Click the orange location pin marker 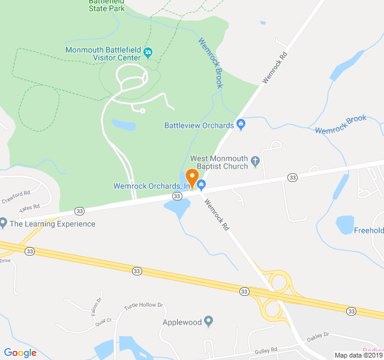point(192,178)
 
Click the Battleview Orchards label point(199,125)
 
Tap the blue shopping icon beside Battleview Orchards point(241,125)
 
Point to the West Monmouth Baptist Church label point(219,162)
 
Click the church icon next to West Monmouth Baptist point(256,160)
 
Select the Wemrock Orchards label point(151,186)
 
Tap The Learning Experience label point(52,224)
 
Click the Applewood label point(182,322)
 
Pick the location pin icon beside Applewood point(209,321)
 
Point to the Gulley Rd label point(265,349)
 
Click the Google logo point(20,353)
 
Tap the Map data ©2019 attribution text point(358,355)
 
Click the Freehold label point(369,230)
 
